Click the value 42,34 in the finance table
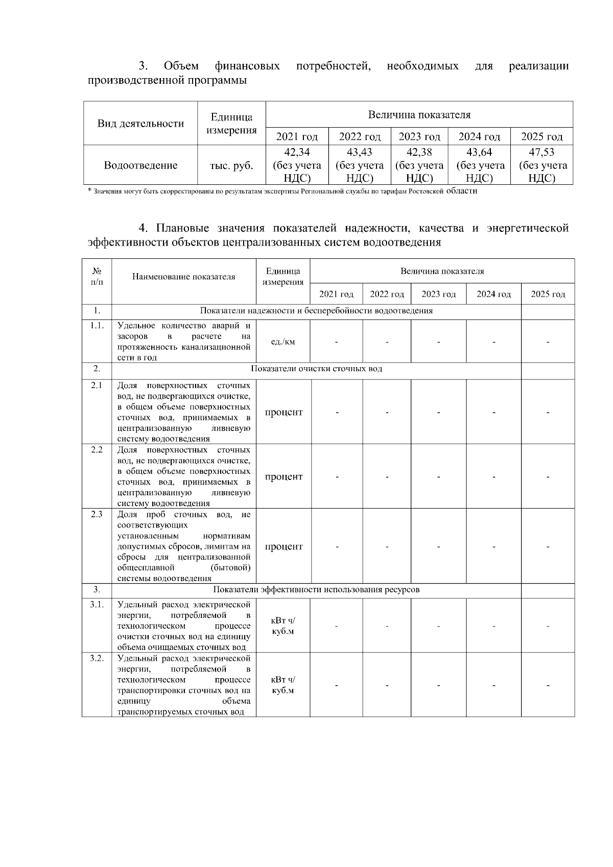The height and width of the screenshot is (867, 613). tap(297, 152)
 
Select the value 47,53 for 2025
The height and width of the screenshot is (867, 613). tap(542, 152)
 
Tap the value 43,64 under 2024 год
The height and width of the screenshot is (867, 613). tap(479, 152)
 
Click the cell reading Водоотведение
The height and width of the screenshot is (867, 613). tap(140, 165)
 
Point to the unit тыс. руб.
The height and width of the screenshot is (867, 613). tap(231, 165)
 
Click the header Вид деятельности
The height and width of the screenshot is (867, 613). tap(140, 124)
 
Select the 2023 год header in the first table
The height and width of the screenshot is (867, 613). tap(419, 137)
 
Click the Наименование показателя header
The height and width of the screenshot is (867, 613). tap(184, 277)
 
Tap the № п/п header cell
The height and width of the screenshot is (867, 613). tap(97, 277)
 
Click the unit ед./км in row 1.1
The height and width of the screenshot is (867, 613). tap(283, 342)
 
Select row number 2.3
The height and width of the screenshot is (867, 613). tap(97, 515)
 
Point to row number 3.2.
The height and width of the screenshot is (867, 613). tap(97, 658)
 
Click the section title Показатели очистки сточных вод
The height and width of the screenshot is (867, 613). tap(317, 369)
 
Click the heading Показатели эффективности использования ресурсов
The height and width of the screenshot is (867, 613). tap(317, 590)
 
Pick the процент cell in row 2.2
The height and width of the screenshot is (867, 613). tap(284, 477)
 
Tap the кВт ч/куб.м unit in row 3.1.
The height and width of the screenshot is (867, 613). tap(283, 626)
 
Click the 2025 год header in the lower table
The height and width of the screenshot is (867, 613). tap(548, 294)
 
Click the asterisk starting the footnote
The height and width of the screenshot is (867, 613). tap(89, 191)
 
